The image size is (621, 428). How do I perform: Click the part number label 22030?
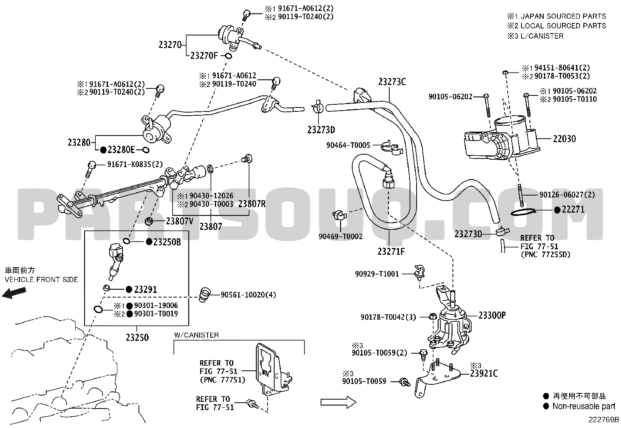point(564,139)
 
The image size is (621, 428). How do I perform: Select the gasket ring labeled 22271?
point(523,212)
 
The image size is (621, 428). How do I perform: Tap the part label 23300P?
point(492,315)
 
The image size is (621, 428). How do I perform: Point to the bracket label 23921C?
point(483,373)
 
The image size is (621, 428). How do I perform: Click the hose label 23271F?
point(391,251)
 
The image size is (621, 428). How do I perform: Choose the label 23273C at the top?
point(392,82)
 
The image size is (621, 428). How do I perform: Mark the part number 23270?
point(170,44)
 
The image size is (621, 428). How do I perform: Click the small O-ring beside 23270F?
point(228,56)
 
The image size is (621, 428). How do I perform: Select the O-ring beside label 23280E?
point(145,150)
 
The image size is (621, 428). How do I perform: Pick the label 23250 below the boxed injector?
point(137,338)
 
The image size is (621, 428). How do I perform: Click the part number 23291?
point(145,290)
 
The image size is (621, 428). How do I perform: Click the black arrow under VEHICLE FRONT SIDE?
point(14,293)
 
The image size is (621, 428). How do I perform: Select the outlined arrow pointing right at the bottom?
point(338,402)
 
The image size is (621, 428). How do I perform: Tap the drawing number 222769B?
point(603,420)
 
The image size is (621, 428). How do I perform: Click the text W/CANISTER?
point(197,335)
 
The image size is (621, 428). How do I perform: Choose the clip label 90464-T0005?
point(348,145)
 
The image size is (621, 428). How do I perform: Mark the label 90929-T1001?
point(377,274)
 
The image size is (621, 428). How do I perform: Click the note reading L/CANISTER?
point(542,36)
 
